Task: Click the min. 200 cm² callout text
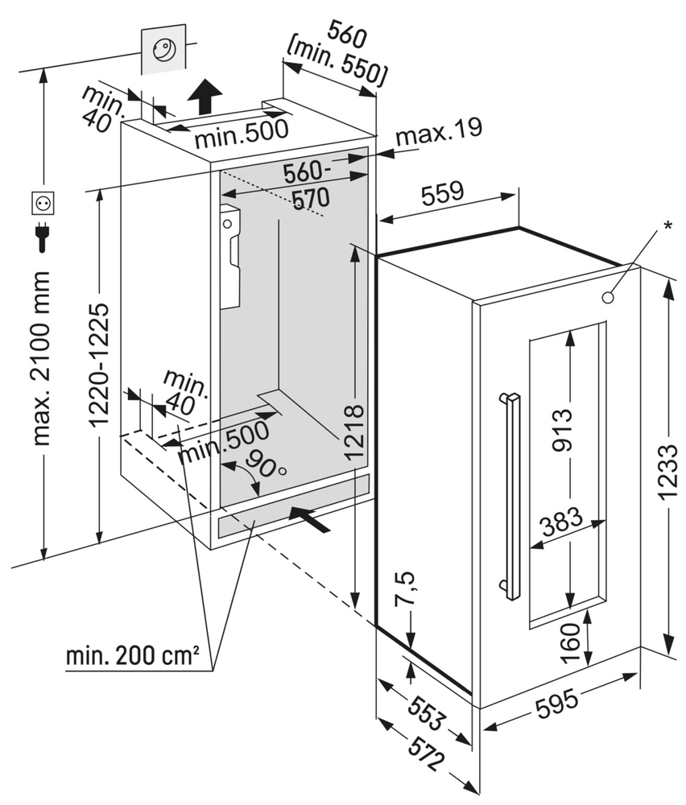tap(133, 656)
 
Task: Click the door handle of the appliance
tap(509, 496)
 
